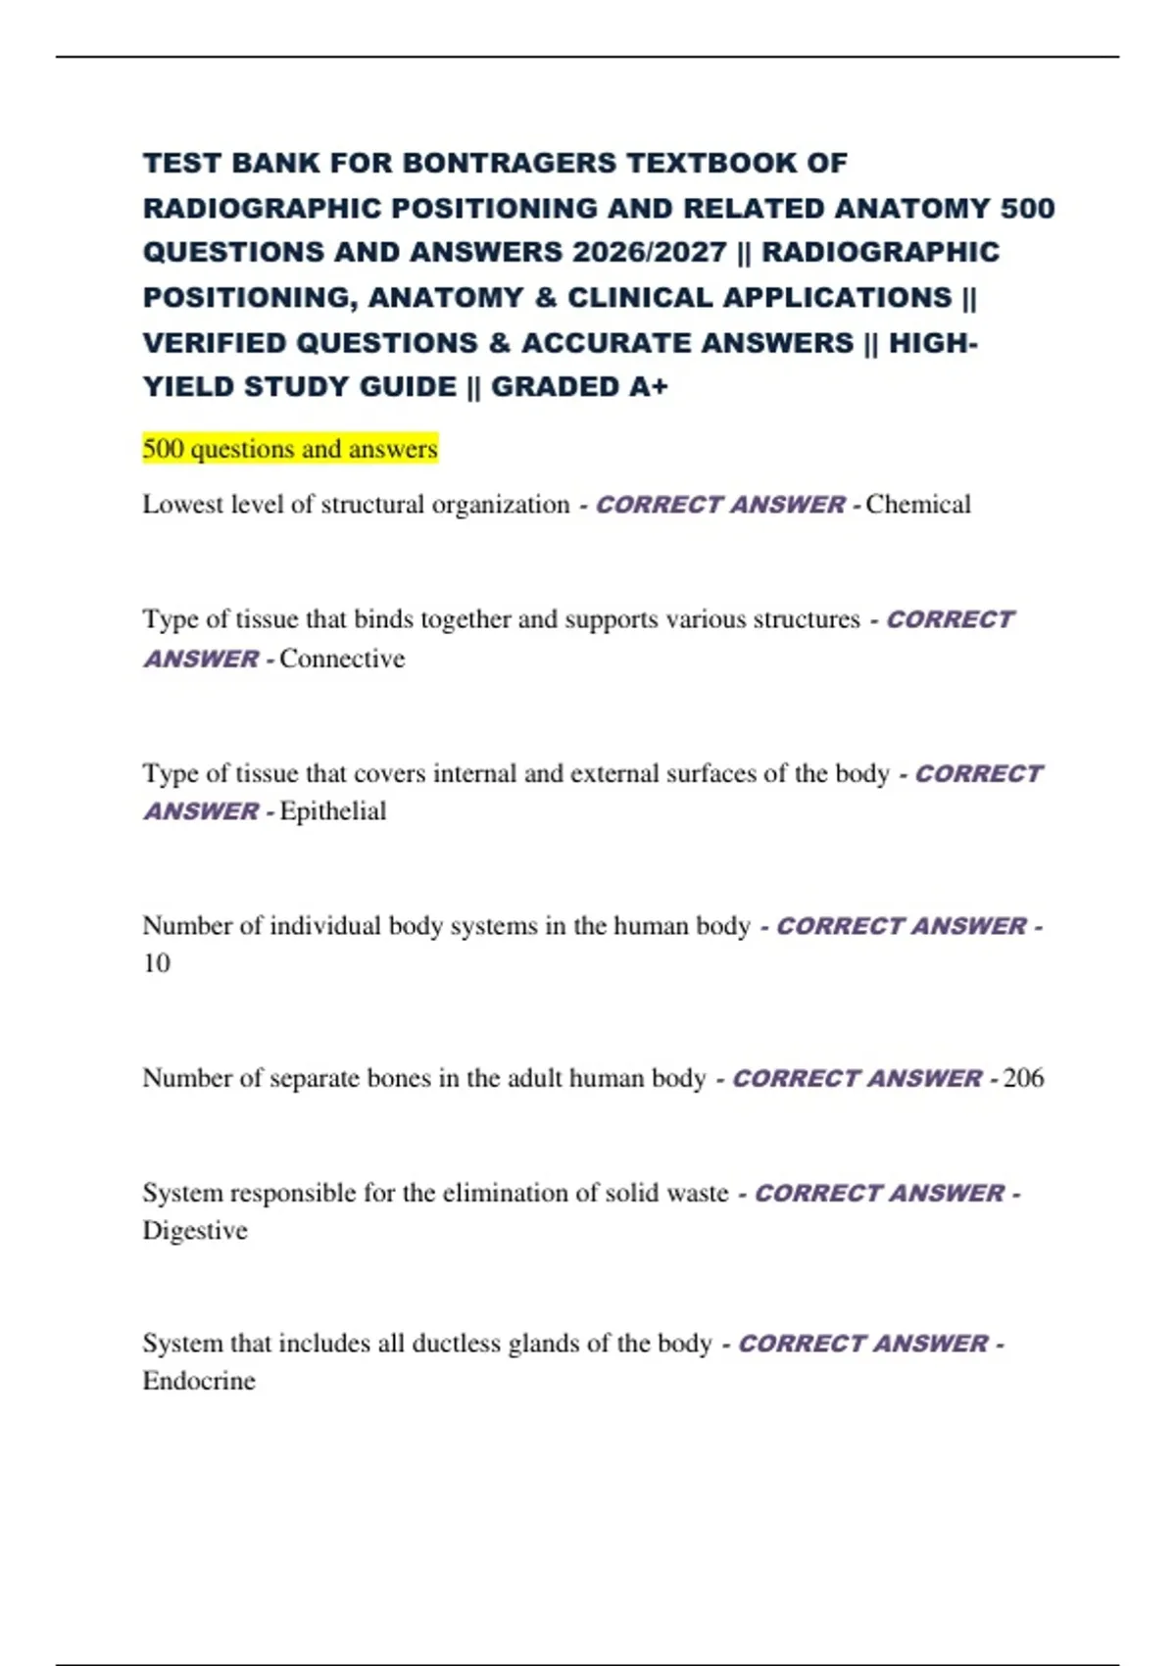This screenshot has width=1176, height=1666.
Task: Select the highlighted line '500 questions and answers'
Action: (290, 449)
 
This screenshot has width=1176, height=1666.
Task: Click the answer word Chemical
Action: (918, 505)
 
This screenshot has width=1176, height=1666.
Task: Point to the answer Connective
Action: (342, 659)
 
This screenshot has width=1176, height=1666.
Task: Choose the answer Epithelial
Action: (333, 811)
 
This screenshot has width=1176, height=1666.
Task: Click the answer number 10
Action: (157, 963)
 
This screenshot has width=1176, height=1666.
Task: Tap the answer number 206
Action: (1024, 1078)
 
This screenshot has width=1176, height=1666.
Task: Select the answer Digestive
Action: (195, 1231)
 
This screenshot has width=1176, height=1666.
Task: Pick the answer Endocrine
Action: (199, 1381)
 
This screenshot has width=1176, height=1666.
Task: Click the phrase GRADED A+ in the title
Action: (579, 387)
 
